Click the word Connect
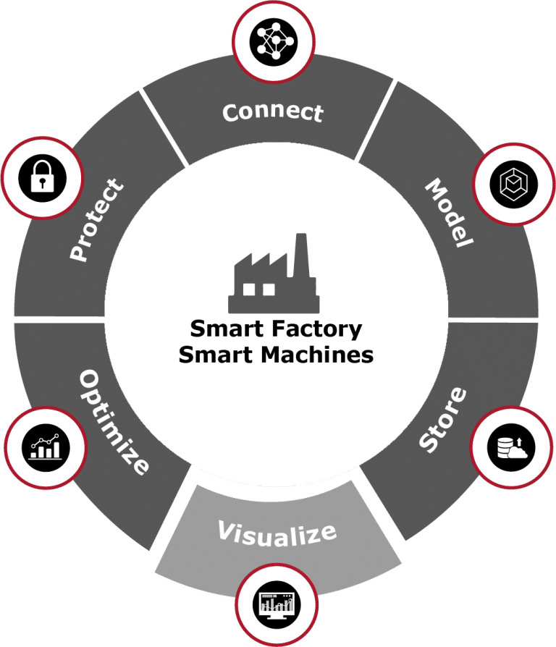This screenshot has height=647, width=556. click(272, 112)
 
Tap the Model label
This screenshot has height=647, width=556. click(448, 214)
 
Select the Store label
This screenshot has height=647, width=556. click(443, 420)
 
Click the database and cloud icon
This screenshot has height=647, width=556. click(510, 443)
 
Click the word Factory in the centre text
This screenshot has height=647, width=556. click(321, 329)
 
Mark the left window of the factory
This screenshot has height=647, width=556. click(250, 289)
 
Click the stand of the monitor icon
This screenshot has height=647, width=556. click(275, 614)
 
